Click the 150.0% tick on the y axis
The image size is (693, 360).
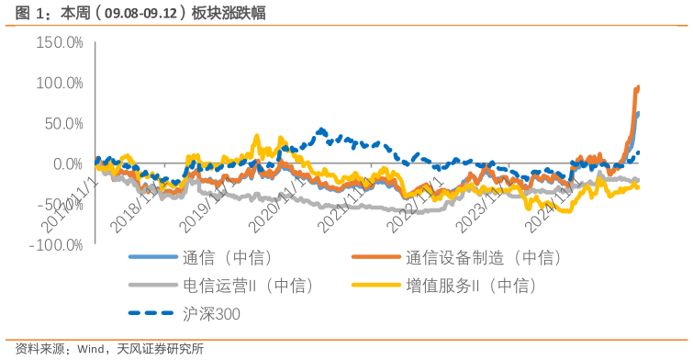point(59,43)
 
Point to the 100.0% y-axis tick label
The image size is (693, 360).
point(59,84)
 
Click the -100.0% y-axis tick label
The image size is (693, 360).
point(56,245)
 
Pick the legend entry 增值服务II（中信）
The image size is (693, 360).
point(470,287)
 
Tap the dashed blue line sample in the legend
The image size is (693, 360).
point(152,314)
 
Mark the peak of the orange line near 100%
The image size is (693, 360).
point(638,87)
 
